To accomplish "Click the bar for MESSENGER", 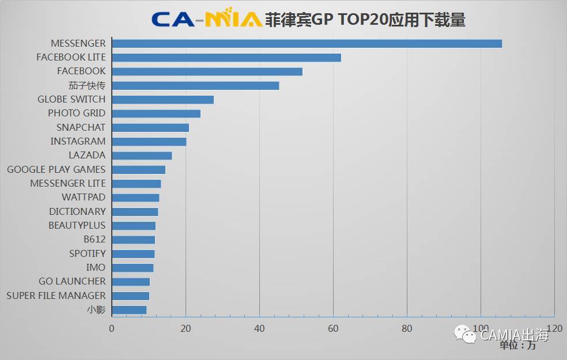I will tap(307, 44).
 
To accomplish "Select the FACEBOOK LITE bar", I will tap(226, 58).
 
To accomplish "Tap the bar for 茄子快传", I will tap(195, 86).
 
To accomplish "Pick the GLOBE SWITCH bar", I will tap(162, 100).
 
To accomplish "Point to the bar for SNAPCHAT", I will tap(150, 127).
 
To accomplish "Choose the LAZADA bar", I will tap(142, 156).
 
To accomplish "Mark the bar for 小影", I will tap(129, 310).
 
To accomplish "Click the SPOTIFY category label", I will tap(88, 253).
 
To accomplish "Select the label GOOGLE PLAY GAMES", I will tap(56, 169).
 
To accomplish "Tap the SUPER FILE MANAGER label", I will tap(56, 295).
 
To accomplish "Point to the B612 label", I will tap(94, 240).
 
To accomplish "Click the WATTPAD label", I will tap(84, 198).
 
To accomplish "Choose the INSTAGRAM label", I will tap(78, 141).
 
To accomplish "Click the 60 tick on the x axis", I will tap(333, 328).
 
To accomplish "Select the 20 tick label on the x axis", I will tap(186, 328).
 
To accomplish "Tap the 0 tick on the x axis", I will tap(112, 328).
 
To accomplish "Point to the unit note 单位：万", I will tap(517, 345).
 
